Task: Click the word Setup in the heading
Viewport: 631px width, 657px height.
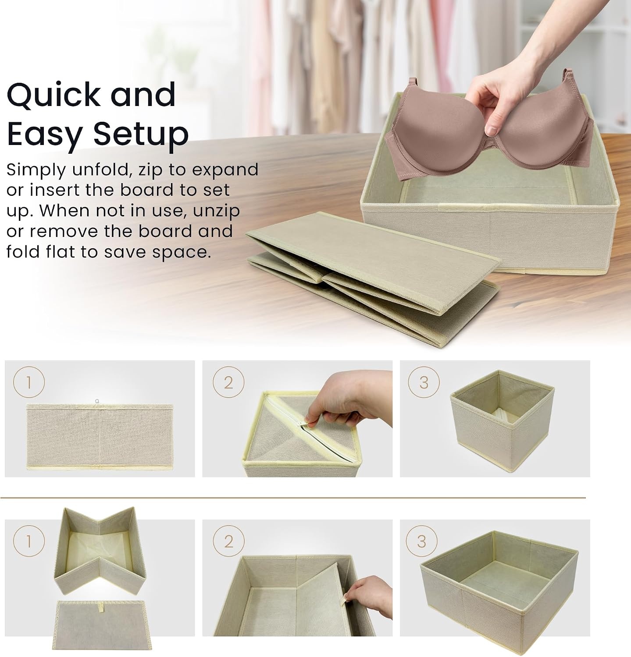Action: [x=142, y=134]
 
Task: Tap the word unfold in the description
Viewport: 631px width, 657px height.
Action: [x=102, y=170]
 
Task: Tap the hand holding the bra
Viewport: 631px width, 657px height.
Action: [x=539, y=79]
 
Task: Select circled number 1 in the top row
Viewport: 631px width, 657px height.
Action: [x=29, y=383]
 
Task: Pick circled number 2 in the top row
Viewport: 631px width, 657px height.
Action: [x=228, y=383]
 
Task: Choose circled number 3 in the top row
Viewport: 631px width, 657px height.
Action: [x=424, y=383]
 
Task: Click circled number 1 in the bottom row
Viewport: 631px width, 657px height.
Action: [x=29, y=542]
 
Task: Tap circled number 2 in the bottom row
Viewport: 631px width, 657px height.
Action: [x=228, y=542]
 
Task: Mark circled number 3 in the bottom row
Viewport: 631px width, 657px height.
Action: [x=421, y=542]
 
